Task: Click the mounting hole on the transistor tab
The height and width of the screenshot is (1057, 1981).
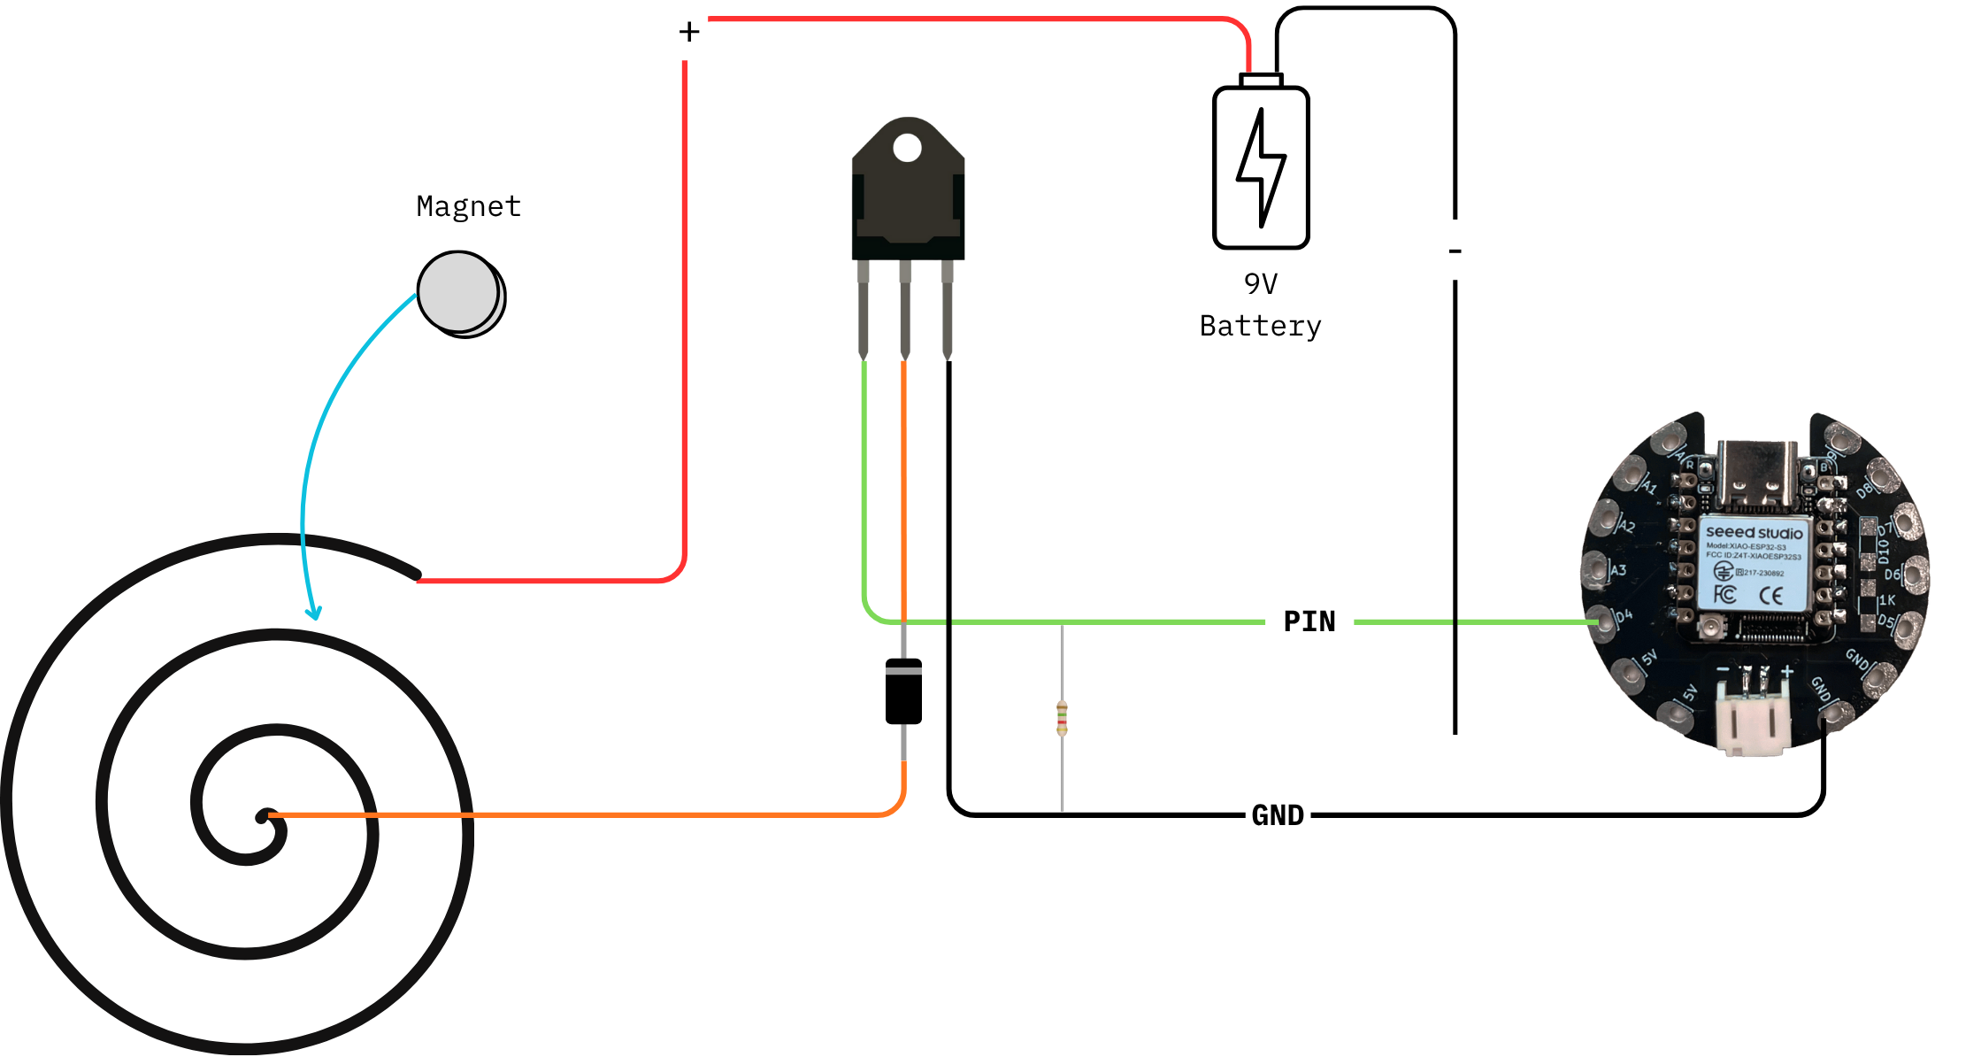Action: click(907, 148)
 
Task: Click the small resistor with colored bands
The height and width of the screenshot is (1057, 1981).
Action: click(1063, 717)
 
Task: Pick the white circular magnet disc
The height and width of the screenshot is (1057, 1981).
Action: click(458, 292)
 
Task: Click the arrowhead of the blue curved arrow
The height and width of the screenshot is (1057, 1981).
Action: click(312, 613)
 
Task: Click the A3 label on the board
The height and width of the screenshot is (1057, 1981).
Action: click(1618, 571)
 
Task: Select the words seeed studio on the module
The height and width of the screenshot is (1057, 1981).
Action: click(1754, 532)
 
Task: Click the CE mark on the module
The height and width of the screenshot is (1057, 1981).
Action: click(1770, 596)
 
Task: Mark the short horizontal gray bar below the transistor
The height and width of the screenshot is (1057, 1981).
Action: click(903, 671)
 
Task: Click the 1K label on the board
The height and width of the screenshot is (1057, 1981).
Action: click(1887, 600)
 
